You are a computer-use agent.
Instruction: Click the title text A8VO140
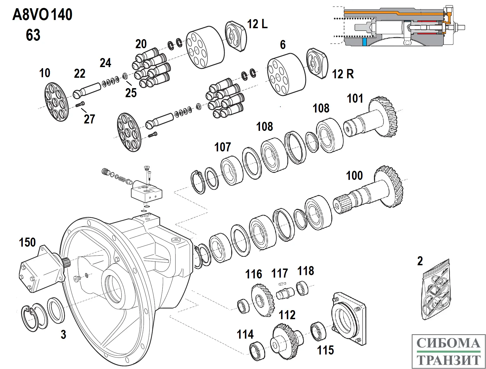[x=42, y=15]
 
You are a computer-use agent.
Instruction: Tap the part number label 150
[x=27, y=243]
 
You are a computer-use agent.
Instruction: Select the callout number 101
[x=355, y=99]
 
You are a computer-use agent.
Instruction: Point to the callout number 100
[x=354, y=175]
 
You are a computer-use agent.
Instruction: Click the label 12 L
[x=257, y=24]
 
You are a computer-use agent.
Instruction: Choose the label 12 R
[x=343, y=74]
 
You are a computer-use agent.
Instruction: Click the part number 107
[x=222, y=147]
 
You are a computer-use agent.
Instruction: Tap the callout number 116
[x=253, y=274]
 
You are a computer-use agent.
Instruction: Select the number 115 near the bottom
[x=325, y=350]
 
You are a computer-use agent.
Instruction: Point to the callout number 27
[x=89, y=119]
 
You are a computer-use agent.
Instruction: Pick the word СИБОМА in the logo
[x=448, y=343]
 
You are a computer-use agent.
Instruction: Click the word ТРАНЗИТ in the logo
[x=448, y=360]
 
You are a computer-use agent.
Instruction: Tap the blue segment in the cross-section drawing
[x=364, y=42]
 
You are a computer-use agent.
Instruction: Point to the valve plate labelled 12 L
[x=236, y=36]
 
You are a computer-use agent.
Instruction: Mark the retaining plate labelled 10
[x=56, y=102]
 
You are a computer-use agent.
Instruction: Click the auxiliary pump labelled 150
[x=41, y=269]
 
